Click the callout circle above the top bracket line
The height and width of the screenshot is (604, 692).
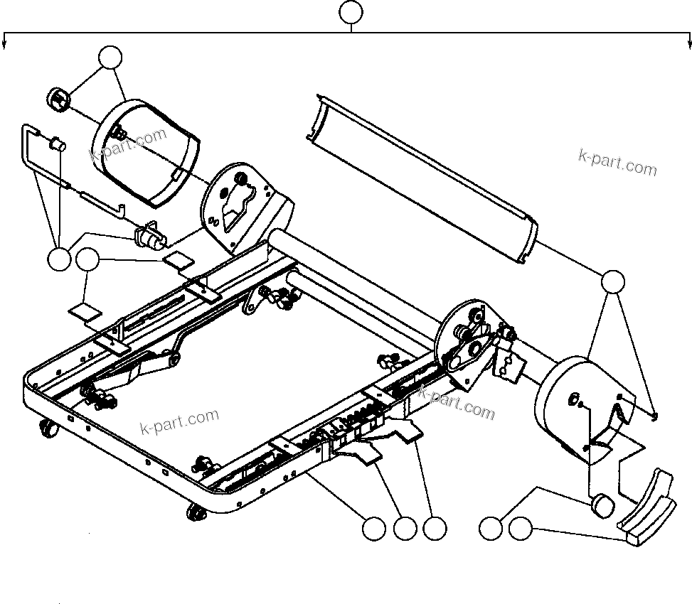click(x=350, y=13)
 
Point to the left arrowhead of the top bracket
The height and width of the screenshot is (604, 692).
click(x=6, y=44)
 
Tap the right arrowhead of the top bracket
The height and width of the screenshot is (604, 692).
click(x=688, y=44)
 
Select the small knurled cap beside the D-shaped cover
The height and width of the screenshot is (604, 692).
click(x=58, y=99)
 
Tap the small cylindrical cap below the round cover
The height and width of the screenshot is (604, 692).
click(x=602, y=506)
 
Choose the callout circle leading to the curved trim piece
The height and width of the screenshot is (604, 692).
click(x=521, y=529)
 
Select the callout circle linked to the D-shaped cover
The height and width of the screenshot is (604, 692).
click(x=110, y=58)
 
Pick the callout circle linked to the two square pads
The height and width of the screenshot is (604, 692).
click(x=87, y=259)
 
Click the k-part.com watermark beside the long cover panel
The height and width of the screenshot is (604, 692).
click(x=617, y=163)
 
